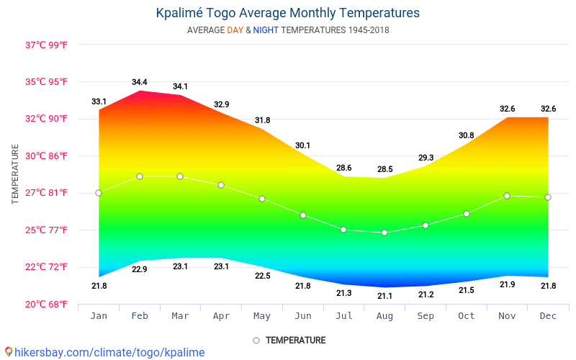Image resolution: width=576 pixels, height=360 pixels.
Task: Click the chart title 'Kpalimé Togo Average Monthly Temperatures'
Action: coord(287,13)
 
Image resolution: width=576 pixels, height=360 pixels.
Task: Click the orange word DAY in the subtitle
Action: coord(235,30)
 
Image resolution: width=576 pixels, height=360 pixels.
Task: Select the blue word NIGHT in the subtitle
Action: coord(266,30)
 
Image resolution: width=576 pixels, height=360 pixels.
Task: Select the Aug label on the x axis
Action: coord(384,316)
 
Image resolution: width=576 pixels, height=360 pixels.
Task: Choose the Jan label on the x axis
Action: coord(99,316)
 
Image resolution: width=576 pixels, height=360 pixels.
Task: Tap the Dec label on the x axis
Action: coord(548,316)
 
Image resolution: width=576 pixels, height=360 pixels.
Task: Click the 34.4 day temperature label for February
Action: coord(140,82)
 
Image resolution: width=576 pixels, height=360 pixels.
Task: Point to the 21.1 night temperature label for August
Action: coord(384,296)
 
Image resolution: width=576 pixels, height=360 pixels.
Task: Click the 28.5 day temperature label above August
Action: coord(384,169)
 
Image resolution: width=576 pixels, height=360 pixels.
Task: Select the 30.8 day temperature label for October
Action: coord(467,135)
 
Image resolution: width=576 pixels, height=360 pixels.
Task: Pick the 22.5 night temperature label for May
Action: coord(263,276)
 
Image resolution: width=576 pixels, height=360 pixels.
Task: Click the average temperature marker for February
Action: coord(140,176)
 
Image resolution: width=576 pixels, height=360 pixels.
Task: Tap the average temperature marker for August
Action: coord(384,233)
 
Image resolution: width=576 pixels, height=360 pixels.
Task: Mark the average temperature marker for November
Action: coord(507,196)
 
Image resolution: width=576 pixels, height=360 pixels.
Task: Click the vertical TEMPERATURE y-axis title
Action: coord(15,174)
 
